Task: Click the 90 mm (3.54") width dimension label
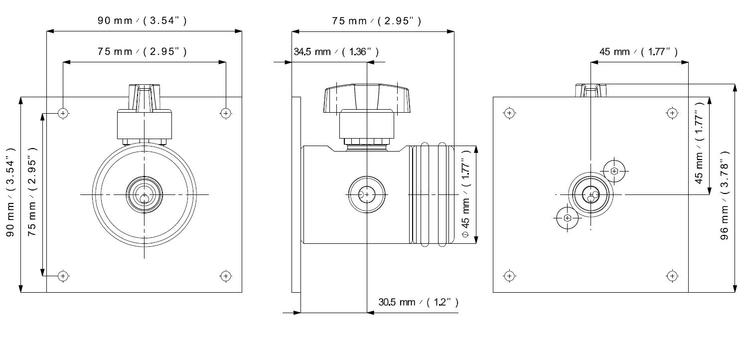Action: (x=142, y=20)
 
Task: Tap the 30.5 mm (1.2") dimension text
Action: (x=418, y=302)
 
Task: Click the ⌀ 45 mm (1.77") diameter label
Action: (x=466, y=195)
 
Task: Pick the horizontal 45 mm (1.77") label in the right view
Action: (x=638, y=52)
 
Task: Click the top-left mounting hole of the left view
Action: (x=63, y=113)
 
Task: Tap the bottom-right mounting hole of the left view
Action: (x=226, y=276)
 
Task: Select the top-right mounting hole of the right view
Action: (x=672, y=113)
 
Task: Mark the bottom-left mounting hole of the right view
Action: (x=509, y=276)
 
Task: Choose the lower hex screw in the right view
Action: (x=568, y=218)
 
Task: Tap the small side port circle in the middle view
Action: (x=367, y=194)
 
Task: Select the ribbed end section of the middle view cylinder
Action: (x=432, y=194)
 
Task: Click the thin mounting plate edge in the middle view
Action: (x=296, y=194)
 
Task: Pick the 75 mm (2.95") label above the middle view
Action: (x=376, y=20)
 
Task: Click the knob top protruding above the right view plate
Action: (x=591, y=90)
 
